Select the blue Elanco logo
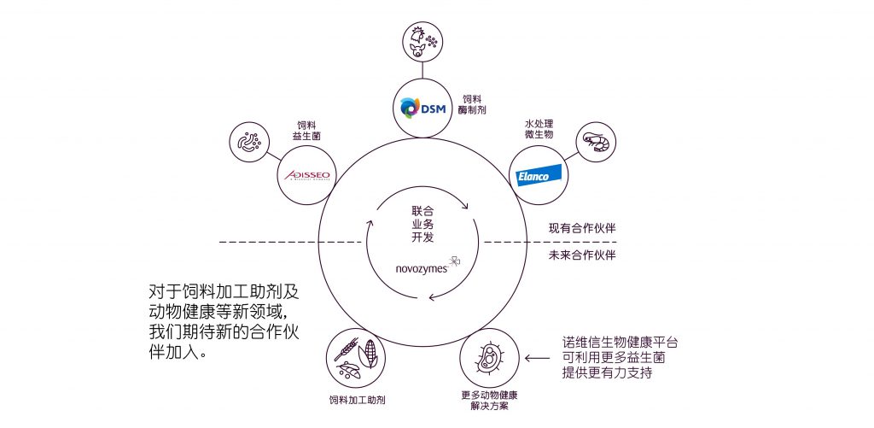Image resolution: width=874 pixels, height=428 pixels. pos(539,176)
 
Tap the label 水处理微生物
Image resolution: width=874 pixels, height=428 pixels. pos(539,131)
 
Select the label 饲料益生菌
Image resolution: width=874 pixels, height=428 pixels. pos(306,130)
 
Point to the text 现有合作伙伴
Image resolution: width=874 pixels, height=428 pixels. pos(581,229)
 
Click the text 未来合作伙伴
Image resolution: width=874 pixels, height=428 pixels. pos(581,255)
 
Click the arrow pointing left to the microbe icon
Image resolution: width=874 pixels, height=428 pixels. pos(537,358)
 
